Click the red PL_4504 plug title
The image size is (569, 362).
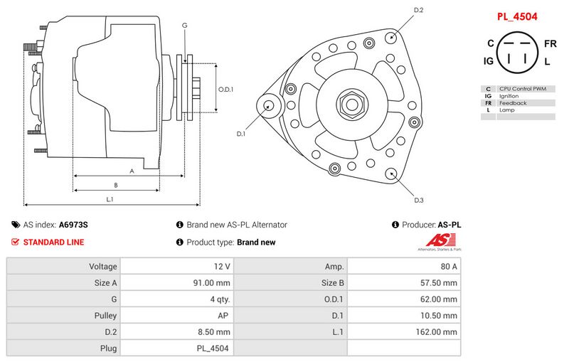click(x=517, y=16)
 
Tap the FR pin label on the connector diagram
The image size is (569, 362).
click(x=550, y=44)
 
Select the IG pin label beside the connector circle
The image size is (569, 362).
click(x=489, y=61)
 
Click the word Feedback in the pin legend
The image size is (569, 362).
click(x=513, y=103)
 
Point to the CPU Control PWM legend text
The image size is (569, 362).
click(x=523, y=89)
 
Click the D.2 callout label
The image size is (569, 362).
click(x=418, y=10)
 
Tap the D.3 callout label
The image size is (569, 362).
click(x=419, y=200)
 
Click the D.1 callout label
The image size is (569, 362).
click(x=241, y=134)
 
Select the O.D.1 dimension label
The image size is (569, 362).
click(x=225, y=89)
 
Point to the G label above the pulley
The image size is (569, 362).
click(x=185, y=26)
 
